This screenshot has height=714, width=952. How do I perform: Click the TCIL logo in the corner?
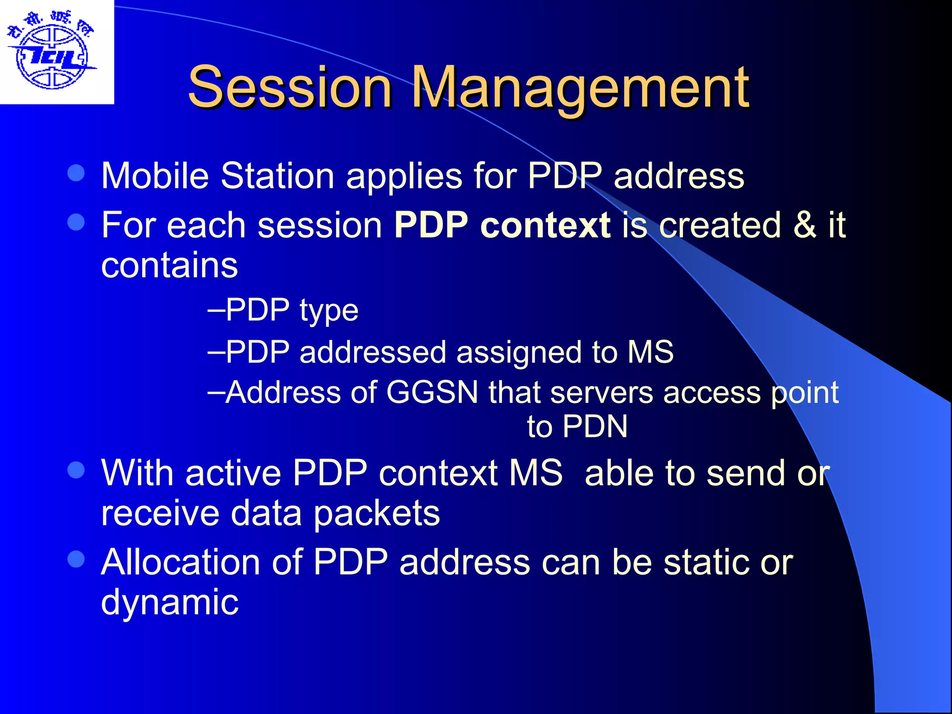point(52,52)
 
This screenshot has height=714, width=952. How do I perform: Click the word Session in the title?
point(290,87)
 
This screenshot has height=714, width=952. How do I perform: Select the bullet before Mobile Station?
point(76,174)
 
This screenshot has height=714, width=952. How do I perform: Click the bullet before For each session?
point(76,222)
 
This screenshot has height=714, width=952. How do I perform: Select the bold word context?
point(545,225)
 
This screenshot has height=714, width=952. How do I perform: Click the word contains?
point(169,265)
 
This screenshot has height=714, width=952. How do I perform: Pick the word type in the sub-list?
point(329,311)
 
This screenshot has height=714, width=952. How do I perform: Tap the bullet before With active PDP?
point(76,470)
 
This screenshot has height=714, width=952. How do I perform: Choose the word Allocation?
point(180,562)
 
